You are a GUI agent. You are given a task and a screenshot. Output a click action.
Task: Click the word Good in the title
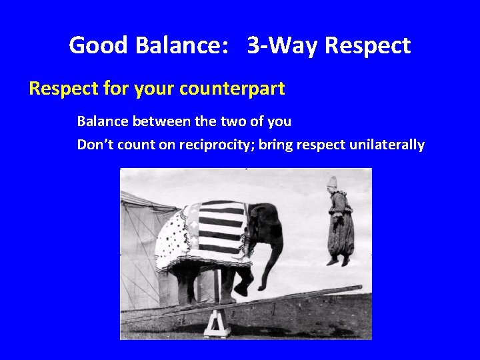pos(99,46)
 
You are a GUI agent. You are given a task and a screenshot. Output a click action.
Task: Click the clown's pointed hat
pos(332,182)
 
